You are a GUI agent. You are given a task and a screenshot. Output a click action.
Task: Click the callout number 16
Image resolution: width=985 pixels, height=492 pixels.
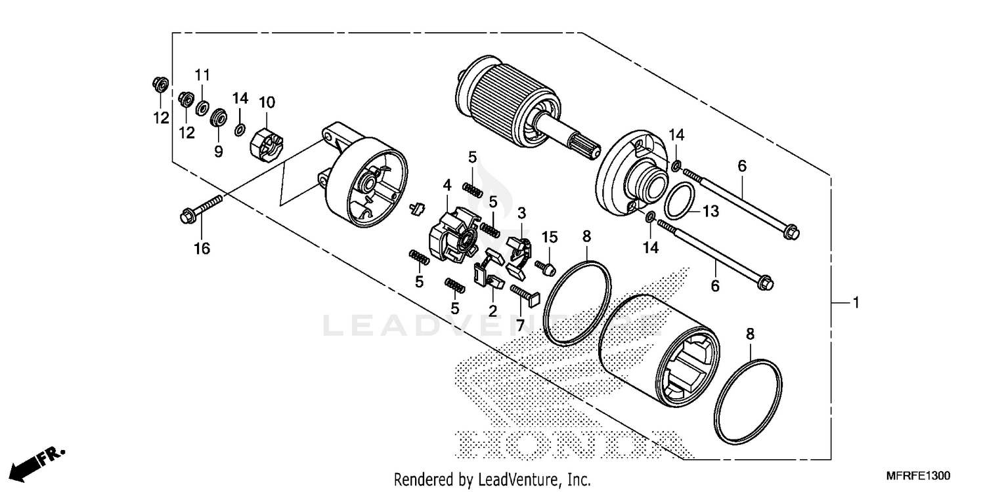(x=202, y=249)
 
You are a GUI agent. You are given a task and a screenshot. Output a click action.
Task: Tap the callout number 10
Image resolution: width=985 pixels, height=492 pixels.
(x=267, y=102)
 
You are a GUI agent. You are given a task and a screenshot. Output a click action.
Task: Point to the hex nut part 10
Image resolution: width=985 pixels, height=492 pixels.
(x=267, y=142)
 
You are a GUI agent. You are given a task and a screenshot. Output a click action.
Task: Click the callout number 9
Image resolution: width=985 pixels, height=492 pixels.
(x=218, y=152)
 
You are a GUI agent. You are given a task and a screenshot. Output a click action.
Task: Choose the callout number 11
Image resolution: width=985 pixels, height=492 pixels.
(x=202, y=73)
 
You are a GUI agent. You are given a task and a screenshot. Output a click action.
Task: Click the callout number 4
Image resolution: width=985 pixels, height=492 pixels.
(x=447, y=186)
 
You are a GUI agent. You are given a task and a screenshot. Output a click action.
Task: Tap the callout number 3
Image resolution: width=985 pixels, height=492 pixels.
(x=521, y=213)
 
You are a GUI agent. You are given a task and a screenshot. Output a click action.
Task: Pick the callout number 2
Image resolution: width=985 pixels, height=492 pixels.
(x=492, y=310)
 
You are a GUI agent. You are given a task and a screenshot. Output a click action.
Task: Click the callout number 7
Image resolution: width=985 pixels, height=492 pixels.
(x=520, y=325)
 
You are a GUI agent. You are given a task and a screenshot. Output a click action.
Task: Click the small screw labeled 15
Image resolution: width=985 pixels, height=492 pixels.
(x=546, y=268)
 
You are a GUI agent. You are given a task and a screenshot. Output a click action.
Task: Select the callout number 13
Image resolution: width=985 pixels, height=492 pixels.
(x=711, y=211)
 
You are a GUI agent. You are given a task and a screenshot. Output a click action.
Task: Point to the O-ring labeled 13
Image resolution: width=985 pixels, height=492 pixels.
(x=679, y=200)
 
